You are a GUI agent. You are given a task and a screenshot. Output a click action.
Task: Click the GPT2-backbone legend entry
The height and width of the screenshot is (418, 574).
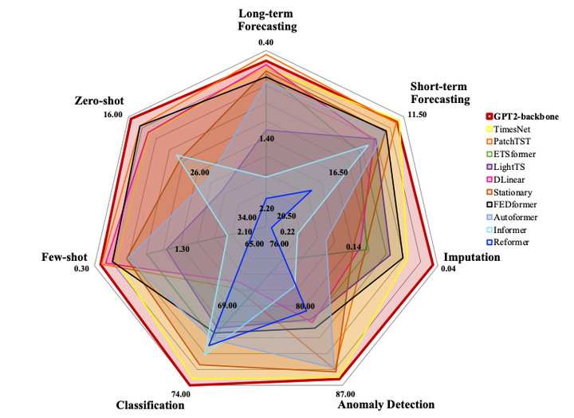click(x=524, y=116)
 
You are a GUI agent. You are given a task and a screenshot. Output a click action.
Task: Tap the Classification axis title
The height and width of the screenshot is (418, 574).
click(x=150, y=404)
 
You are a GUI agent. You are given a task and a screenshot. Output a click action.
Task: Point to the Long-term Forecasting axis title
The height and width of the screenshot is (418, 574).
click(x=267, y=20)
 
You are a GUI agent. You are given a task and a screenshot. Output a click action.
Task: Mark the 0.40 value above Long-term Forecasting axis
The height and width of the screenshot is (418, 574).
click(x=266, y=42)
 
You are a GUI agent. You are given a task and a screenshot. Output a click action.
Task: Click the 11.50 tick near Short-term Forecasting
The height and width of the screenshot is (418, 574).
click(x=417, y=114)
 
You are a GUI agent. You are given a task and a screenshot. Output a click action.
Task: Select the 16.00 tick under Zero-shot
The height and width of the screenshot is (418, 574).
click(x=112, y=115)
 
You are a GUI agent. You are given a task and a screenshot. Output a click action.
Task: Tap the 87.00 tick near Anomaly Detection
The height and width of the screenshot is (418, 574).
click(x=345, y=393)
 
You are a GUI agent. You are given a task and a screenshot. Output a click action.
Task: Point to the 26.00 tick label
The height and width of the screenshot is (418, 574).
click(x=199, y=172)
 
